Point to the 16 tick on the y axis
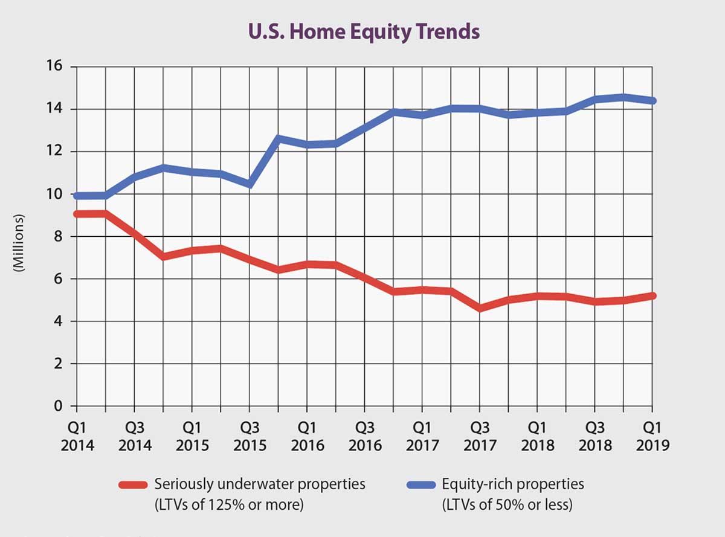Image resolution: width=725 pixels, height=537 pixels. tap(54, 66)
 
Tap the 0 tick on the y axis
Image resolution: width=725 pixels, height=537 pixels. tap(59, 406)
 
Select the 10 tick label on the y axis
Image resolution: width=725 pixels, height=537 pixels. tap(54, 194)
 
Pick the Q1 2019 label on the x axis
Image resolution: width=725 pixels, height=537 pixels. tap(652, 437)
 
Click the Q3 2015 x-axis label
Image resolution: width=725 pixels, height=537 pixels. tap(250, 437)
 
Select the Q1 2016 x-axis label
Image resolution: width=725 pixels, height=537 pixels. tap(307, 437)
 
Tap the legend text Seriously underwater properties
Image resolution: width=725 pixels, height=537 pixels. tap(260, 484)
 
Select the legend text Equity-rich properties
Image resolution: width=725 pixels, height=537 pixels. tap(513, 484)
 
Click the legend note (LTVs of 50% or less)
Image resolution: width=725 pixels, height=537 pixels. tap(506, 503)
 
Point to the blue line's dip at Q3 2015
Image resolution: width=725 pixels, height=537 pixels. tap(250, 184)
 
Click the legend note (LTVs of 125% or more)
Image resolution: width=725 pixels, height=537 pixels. tap(229, 503)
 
